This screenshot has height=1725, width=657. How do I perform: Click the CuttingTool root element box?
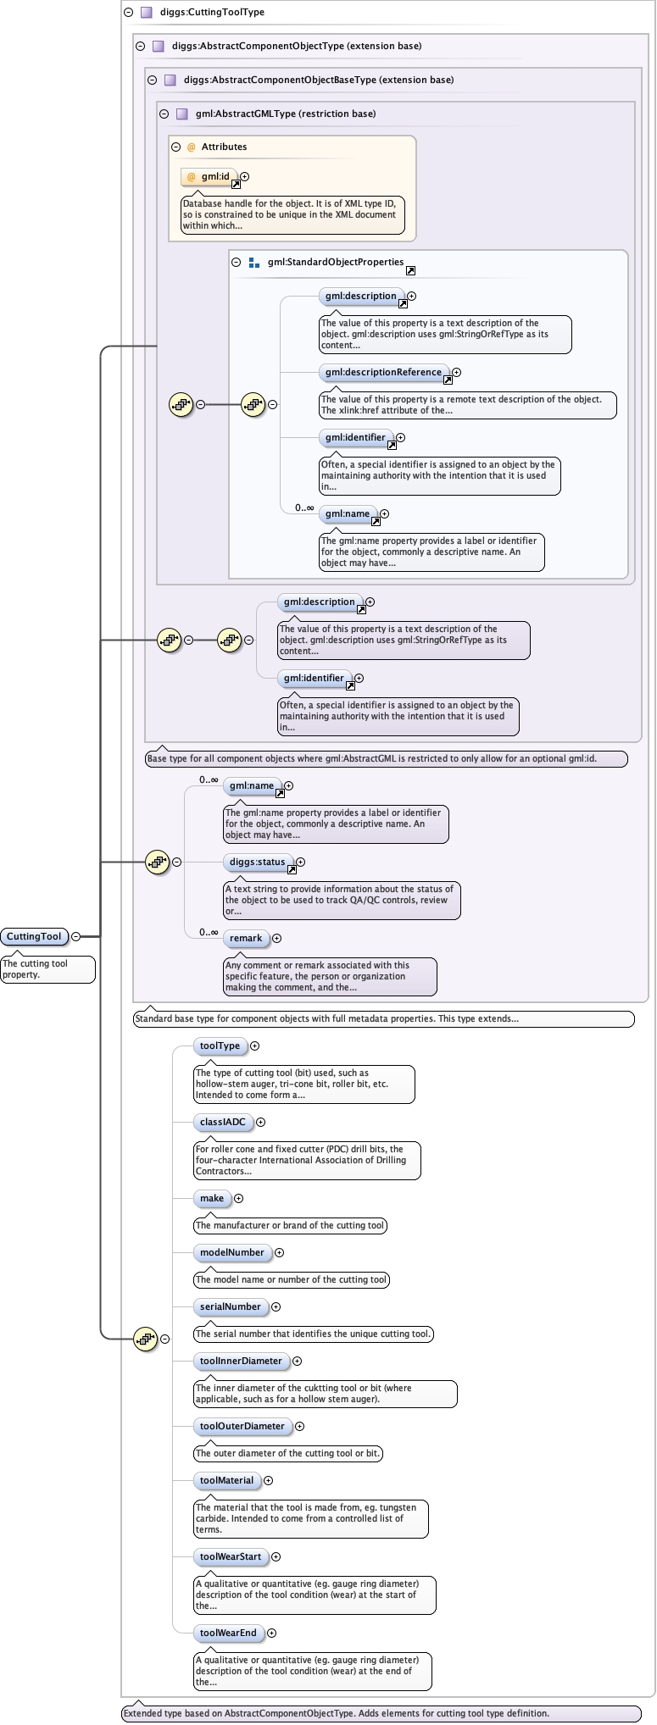click(34, 936)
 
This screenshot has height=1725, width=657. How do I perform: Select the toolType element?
click(220, 1046)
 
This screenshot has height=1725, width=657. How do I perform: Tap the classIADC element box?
click(223, 1122)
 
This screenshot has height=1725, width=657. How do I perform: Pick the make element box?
click(212, 1198)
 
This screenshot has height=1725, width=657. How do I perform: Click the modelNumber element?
click(232, 1252)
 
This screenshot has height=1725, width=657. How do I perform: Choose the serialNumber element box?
click(231, 1306)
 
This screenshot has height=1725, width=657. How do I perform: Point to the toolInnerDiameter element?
click(241, 1361)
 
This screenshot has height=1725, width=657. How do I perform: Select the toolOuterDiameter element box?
click(242, 1426)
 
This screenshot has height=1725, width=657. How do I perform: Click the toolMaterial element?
click(226, 1480)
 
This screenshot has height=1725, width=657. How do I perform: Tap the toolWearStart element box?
click(231, 1556)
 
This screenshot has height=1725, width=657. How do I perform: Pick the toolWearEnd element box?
click(228, 1633)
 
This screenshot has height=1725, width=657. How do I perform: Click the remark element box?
click(246, 938)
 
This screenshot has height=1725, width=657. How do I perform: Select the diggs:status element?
click(258, 862)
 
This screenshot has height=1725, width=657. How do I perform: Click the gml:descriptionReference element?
click(383, 372)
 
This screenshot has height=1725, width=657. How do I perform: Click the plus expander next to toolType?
click(254, 1046)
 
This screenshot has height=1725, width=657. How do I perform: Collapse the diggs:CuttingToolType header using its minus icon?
click(128, 13)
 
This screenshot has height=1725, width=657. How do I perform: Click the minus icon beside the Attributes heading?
click(176, 147)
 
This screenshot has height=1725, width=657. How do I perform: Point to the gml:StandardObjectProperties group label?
click(336, 262)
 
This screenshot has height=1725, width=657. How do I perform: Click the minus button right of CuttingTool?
click(76, 936)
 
